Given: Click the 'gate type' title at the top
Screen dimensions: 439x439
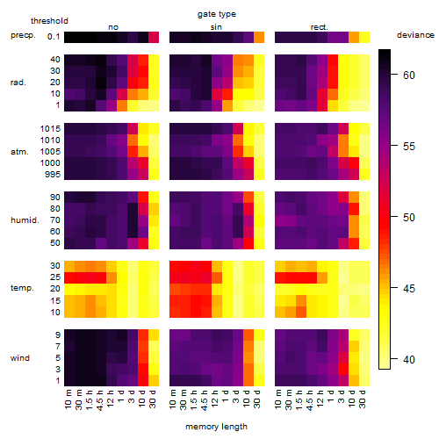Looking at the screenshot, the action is coord(217,14).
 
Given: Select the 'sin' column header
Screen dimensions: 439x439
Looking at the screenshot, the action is coord(216,27).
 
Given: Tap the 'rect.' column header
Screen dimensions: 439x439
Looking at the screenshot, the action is coord(320,27).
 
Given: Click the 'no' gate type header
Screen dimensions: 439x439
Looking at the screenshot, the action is coord(113,27).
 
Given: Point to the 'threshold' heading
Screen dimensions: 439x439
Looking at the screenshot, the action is coord(49,21).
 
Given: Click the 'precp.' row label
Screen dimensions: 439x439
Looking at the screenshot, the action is coord(23,35).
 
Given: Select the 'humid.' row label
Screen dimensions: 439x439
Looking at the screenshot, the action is coord(25,219).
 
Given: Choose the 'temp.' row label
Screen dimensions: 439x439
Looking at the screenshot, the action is coord(22,288).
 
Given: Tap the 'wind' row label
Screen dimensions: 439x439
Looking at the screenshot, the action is coord(20,357).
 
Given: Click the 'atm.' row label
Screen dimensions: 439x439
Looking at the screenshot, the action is coord(19,152).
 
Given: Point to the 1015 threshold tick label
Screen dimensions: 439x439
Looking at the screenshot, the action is coord(50,129).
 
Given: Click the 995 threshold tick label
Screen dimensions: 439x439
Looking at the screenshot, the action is coord(53,175).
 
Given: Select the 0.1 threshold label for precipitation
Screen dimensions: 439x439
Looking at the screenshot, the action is coord(54,37).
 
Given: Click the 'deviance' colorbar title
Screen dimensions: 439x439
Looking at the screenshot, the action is coord(415,35).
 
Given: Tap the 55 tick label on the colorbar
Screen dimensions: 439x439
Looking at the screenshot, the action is coord(409,146).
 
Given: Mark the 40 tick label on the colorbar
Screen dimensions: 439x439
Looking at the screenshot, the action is coord(409,359).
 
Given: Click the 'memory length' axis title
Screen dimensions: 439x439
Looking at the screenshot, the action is coord(216,427).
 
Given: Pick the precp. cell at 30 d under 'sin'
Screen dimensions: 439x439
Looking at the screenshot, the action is coord(259,38).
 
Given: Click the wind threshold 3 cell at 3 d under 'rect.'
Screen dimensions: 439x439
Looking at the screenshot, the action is coord(343,370).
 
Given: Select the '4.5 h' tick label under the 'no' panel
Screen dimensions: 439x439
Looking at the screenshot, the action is coord(99,400).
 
